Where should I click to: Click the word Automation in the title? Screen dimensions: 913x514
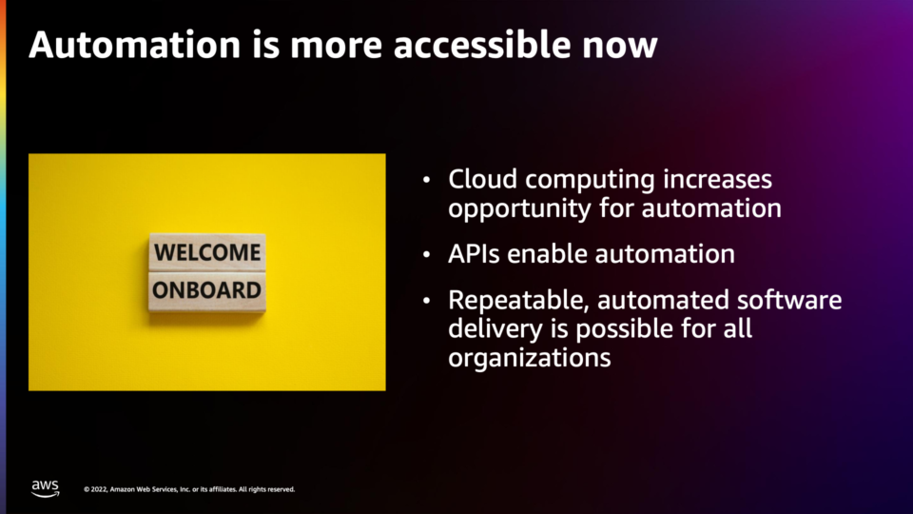coord(134,45)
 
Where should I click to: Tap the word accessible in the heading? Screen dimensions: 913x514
coord(482,45)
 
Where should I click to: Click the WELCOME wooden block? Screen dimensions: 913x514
coord(207,252)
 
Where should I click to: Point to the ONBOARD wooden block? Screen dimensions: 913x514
coord(207,291)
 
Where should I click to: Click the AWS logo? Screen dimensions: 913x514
coord(45,488)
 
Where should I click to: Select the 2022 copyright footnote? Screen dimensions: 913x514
coord(189,489)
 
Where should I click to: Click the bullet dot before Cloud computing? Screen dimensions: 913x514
coord(427,180)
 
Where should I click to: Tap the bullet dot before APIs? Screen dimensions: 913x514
coord(427,255)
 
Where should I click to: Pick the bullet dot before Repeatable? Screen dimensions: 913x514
coord(427,301)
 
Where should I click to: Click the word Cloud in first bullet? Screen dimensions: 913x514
coord(483,179)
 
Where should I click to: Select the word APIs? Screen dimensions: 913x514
coord(474,254)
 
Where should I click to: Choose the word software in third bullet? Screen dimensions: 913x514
coord(789,300)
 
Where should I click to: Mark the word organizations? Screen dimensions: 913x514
coord(530,358)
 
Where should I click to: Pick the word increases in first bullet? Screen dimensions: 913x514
coord(717,179)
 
